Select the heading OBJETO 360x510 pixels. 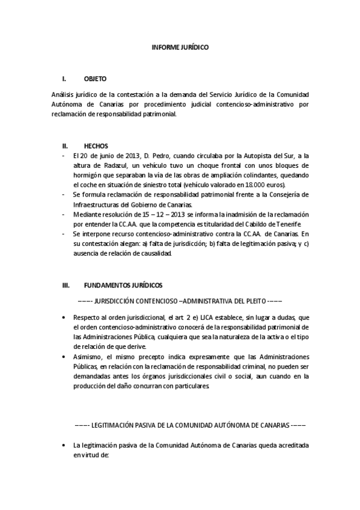pyautogui.click(x=95, y=79)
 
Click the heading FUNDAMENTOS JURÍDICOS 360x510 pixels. pyautogui.click(x=123, y=285)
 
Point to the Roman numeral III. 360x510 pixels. pyautogui.click(x=66, y=285)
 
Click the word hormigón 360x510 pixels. pyautogui.click(x=88, y=175)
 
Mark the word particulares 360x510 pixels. pyautogui.click(x=191, y=386)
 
